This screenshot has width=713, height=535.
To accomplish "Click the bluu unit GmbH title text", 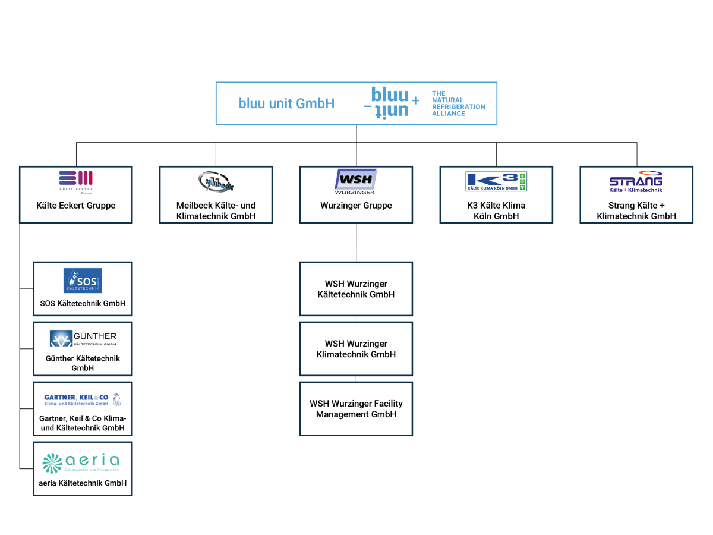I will [286, 103].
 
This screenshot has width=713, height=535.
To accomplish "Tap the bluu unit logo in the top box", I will [392, 102].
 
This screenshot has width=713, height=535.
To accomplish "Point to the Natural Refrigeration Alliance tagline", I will [458, 103].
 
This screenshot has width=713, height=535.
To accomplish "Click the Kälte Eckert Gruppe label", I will [75, 206].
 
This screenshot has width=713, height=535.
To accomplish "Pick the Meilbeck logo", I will [216, 181].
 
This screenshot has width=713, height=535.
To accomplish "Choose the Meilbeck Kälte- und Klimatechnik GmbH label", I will [216, 211].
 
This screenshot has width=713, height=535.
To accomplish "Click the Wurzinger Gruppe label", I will [356, 206].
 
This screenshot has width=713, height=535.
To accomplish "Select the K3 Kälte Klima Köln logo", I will [496, 181].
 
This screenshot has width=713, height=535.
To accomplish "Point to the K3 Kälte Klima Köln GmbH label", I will [496, 211].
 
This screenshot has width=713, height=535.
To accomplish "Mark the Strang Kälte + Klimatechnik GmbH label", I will [636, 211].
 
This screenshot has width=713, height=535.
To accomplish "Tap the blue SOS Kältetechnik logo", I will [83, 281].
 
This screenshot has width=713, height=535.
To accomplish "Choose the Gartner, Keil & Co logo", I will [83, 399].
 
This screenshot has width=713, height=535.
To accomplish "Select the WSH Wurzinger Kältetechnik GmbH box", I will [356, 289].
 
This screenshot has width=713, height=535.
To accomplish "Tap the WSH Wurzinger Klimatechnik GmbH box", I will [356, 349].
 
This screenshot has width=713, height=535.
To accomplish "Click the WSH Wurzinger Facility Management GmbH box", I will [356, 409].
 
